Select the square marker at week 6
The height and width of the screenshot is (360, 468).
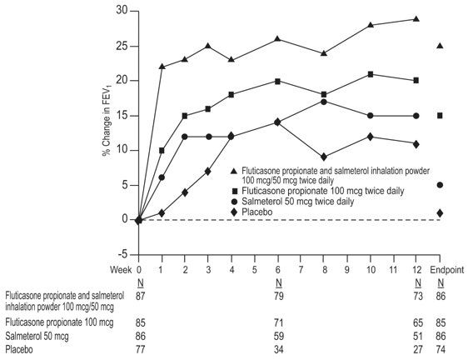[x=277, y=81]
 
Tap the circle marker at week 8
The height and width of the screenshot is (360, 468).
[x=324, y=102]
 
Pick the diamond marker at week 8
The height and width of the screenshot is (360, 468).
[x=324, y=157]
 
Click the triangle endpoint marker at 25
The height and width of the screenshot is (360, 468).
[x=440, y=46]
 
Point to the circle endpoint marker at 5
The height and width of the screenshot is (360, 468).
[x=440, y=185]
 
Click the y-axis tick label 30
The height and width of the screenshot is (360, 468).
[x=122, y=11]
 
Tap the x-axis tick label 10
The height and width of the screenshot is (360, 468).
[x=370, y=269]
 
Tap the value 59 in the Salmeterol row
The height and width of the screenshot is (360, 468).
[x=277, y=334]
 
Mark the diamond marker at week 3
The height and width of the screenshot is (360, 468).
[x=208, y=171]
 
